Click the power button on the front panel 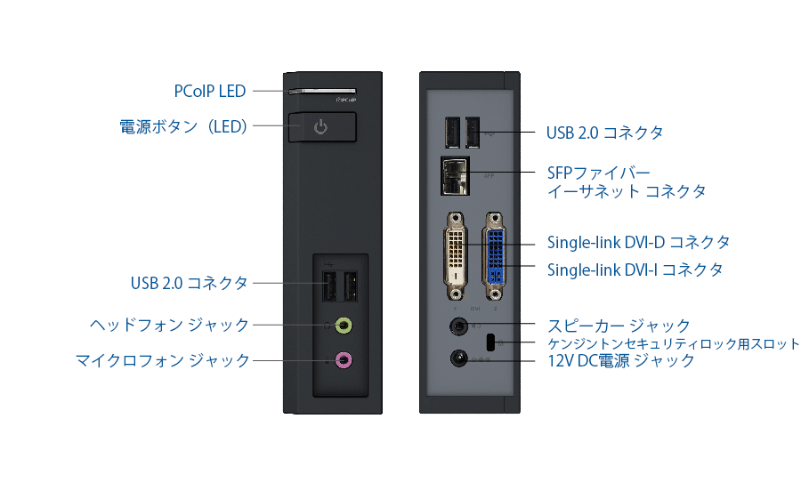tap(321, 126)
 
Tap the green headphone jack tap(344, 326)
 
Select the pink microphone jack tap(344, 360)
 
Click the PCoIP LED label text tap(209, 91)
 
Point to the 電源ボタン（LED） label tap(183, 126)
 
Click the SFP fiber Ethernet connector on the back tap(454, 176)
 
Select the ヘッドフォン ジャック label tap(169, 325)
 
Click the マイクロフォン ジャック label tap(162, 360)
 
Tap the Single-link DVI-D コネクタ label tap(638, 242)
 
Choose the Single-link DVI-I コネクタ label tap(635, 269)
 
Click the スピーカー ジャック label tap(619, 325)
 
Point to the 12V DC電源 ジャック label tap(620, 360)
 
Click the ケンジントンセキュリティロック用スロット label tap(673, 343)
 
